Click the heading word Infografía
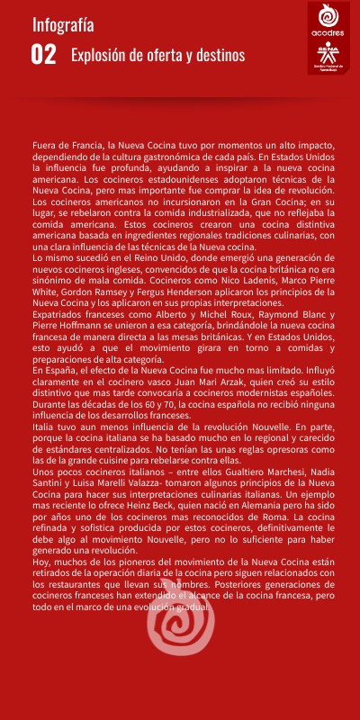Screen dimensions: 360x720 point(63,24)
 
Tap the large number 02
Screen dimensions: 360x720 point(44,55)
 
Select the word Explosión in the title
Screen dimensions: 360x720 point(99,56)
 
